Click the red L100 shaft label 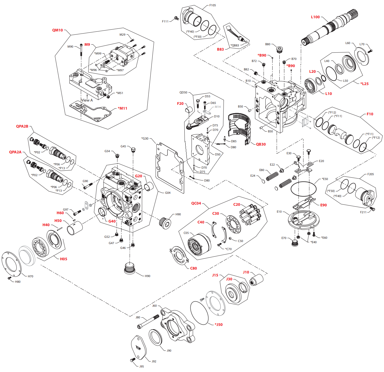coord(315,17)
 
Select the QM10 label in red coord(57,30)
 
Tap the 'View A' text coord(87,100)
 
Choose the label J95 coord(142,366)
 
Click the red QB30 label coord(261,144)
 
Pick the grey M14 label coord(218,107)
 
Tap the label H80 coord(18,282)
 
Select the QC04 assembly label coord(196,203)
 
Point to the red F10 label coord(370,114)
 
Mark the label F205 coord(371,174)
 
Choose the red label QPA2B coord(22,126)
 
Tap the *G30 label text coord(145,139)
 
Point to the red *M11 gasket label coord(122,108)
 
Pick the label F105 coord(212,5)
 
